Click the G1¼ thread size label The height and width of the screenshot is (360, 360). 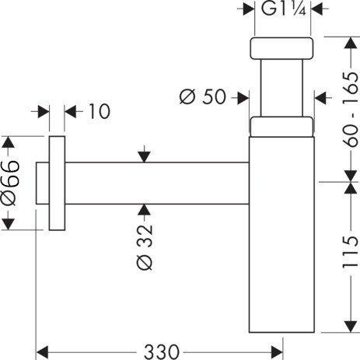284,9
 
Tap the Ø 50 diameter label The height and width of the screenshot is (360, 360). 203,96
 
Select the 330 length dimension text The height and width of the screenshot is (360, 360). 162,352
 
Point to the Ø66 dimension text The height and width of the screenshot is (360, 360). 11,183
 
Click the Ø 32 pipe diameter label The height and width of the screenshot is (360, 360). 145,247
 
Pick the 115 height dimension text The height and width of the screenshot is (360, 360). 351,252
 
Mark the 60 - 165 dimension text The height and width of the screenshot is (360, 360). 351,110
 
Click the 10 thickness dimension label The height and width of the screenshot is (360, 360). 100,111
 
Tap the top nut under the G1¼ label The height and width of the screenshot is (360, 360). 281,48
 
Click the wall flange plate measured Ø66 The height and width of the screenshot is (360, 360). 57,183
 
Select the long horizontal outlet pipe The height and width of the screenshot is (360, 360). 157,183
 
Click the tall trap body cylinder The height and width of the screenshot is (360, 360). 281,235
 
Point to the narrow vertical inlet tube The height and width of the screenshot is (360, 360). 281,88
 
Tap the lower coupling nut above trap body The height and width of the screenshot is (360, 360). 281,127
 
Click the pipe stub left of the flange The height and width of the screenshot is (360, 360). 42,183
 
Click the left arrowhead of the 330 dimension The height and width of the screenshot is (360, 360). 42,352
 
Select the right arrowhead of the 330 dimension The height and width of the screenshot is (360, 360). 277,352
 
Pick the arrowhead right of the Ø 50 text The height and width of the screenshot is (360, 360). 243,98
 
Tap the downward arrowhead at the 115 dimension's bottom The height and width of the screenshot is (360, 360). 351,327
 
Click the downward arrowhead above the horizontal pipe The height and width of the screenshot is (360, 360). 144,157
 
